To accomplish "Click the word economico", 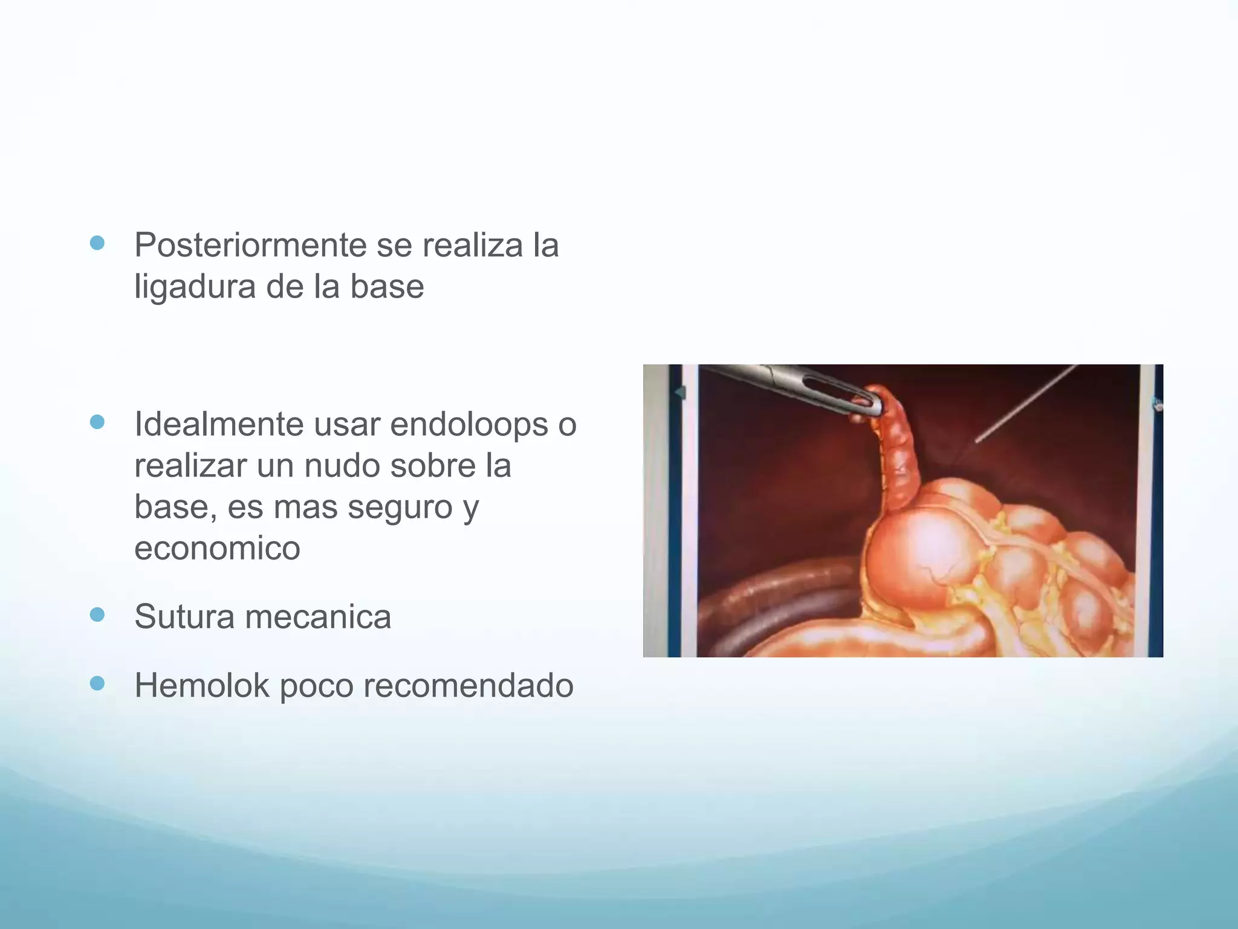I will [x=217, y=548].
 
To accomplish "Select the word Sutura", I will [x=184, y=617].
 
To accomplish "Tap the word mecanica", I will [x=318, y=617].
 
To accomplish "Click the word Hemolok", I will [x=202, y=686].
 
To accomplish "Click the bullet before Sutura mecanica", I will [x=97, y=615].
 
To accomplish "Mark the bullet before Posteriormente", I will [x=97, y=243].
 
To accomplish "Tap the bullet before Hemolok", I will [x=97, y=683].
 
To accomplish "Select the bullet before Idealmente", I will [x=97, y=422].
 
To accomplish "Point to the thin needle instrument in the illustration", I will [x=1028, y=402].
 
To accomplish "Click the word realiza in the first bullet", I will [x=473, y=246].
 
